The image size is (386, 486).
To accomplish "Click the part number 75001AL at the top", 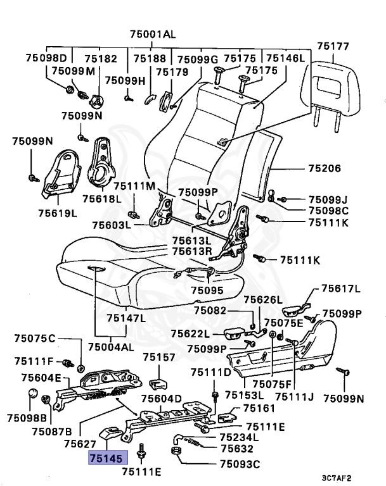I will [153, 34].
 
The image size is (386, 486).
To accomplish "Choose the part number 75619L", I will [57, 213].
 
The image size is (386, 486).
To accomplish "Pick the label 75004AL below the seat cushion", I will [111, 347].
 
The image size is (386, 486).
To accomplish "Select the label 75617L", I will [340, 289].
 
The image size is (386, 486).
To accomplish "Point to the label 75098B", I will [27, 418].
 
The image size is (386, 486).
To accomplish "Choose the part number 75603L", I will [111, 225].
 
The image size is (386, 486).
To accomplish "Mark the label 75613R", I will [191, 251].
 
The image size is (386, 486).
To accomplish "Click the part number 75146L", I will [286, 58].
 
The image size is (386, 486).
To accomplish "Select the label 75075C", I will [35, 337].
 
